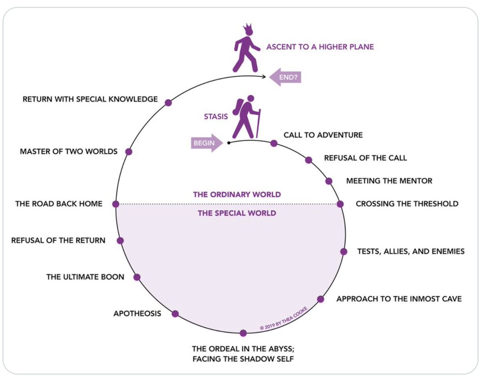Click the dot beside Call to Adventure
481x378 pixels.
coord(274,143)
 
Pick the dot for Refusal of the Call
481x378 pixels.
coord(308,160)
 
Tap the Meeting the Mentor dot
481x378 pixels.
coord(329,181)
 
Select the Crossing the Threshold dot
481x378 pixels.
coord(340,204)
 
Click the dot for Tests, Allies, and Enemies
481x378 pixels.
coord(344,251)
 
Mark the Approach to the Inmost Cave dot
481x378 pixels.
coord(321,299)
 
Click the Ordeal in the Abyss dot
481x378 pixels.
coord(243,333)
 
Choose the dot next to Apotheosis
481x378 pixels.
coord(175,314)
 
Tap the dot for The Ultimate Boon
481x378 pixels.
coord(137,277)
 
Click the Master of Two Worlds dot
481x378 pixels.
coord(129,152)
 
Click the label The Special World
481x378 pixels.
coord(237,213)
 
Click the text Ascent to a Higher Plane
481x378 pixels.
coord(320,47)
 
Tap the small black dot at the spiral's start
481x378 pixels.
coord(228,143)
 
